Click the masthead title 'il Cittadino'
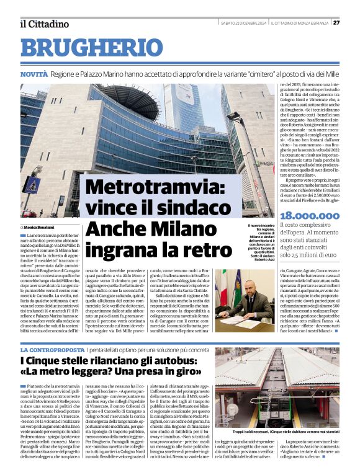44,24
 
